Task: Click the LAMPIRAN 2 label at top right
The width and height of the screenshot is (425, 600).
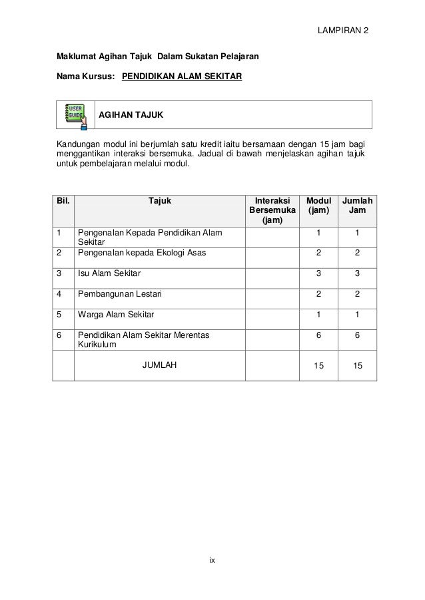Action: pyautogui.click(x=344, y=31)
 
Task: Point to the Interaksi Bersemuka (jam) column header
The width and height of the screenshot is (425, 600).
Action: pyautogui.click(x=271, y=210)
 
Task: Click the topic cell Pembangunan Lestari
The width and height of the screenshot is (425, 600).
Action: pyautogui.click(x=119, y=293)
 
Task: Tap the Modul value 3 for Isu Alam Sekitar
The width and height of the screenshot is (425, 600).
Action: pyautogui.click(x=318, y=272)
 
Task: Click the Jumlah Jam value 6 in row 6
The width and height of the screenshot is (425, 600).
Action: pyautogui.click(x=357, y=336)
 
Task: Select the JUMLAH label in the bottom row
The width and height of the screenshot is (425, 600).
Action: pyautogui.click(x=160, y=365)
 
